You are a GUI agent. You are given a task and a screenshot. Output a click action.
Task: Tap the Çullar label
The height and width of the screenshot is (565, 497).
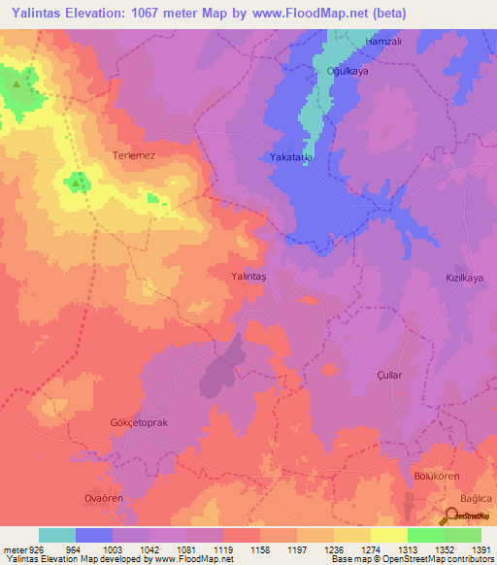(x=388, y=374)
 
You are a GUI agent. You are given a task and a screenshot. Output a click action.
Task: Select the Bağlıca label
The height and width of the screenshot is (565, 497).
(x=476, y=497)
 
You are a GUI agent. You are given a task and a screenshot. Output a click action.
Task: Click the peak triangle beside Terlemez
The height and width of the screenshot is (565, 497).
(x=76, y=181)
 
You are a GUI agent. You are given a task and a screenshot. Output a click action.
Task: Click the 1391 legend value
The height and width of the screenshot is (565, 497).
(x=480, y=548)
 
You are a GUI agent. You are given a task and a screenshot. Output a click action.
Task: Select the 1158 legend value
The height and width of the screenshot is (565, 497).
(x=258, y=548)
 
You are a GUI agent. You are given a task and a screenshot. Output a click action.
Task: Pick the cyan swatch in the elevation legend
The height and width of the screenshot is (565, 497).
(x=56, y=535)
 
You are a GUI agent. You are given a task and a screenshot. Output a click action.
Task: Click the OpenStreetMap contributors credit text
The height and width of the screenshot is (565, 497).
(x=437, y=560)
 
